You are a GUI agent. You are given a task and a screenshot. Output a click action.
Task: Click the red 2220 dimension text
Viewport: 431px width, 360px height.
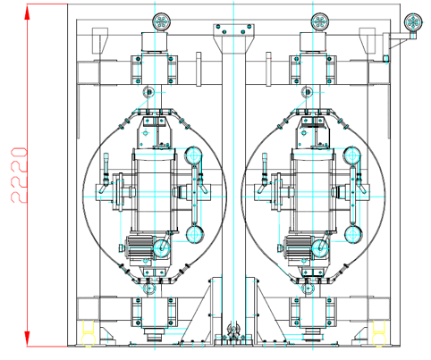click(19, 175)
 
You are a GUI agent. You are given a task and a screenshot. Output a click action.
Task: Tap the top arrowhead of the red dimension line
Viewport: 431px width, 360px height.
click(27, 13)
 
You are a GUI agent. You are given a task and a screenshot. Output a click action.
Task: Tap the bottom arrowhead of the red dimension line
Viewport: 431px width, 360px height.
click(27, 338)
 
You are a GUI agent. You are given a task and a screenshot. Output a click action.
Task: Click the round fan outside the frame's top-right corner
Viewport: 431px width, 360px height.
click(413, 22)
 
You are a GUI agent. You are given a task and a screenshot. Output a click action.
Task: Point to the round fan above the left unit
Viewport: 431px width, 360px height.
click(161, 21)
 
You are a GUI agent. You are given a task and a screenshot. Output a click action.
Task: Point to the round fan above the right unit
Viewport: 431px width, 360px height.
click(320, 21)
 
